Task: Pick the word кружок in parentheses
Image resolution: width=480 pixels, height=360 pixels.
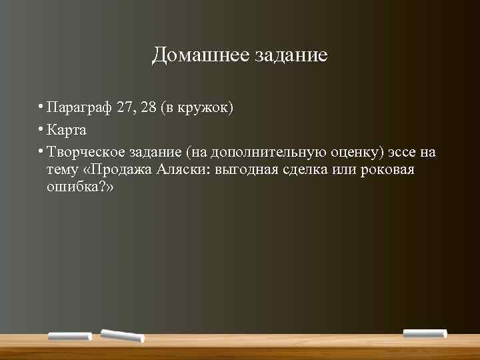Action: (x=204, y=109)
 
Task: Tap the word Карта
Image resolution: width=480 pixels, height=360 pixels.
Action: (x=67, y=130)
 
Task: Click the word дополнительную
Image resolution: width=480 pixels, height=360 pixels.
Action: (x=277, y=152)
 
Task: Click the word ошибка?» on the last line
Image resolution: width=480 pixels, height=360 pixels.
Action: (x=80, y=187)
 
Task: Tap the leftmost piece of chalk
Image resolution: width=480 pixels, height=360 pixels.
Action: (x=70, y=336)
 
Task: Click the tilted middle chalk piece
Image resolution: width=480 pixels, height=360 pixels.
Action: (x=122, y=335)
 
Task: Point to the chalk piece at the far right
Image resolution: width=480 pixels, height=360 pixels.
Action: (x=425, y=333)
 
